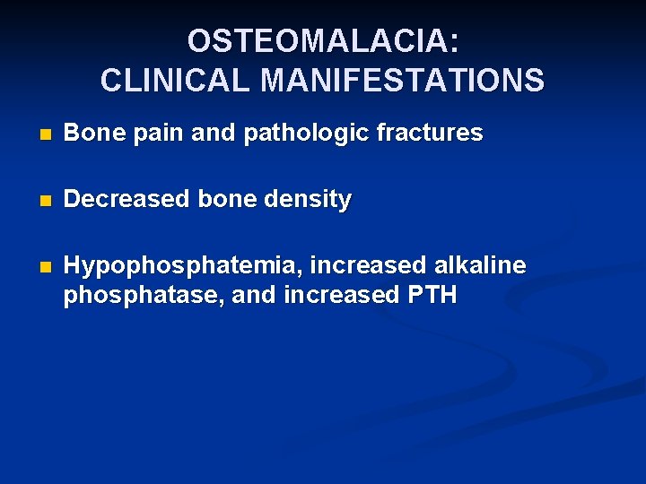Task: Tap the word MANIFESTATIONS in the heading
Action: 402,81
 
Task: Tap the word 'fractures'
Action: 430,134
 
